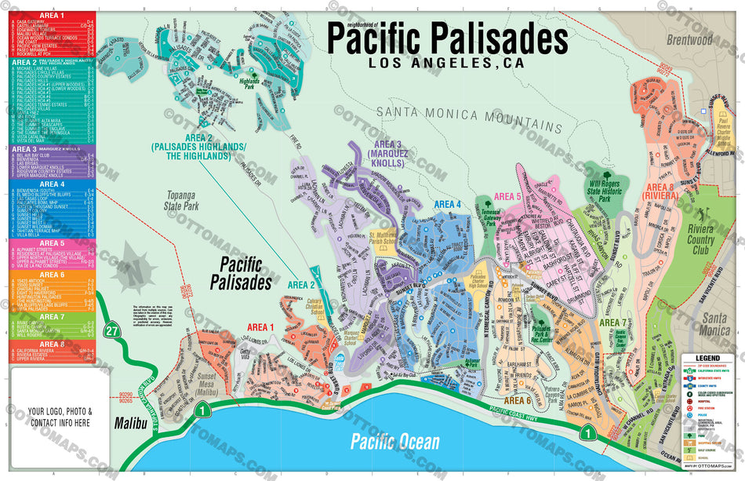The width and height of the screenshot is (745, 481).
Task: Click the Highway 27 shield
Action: click(x=113, y=331)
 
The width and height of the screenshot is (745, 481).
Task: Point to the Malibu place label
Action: click(x=130, y=423)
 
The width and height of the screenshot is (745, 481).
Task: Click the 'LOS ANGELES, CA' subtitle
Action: click(x=446, y=64)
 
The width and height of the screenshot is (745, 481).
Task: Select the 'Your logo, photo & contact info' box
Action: click(x=60, y=417)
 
